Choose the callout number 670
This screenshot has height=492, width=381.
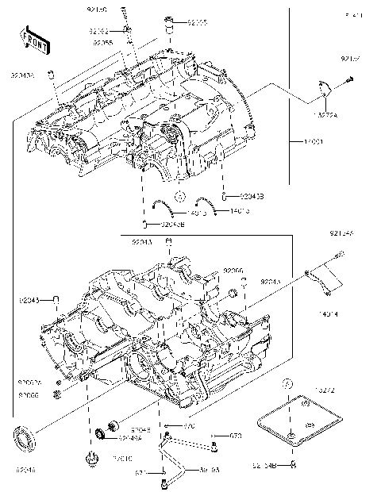189,427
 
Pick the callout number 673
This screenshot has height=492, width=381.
236,436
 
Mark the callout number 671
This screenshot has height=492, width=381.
139,473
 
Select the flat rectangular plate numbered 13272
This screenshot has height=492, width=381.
298,417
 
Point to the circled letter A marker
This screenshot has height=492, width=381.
180,196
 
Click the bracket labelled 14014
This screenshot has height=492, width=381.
321,280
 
